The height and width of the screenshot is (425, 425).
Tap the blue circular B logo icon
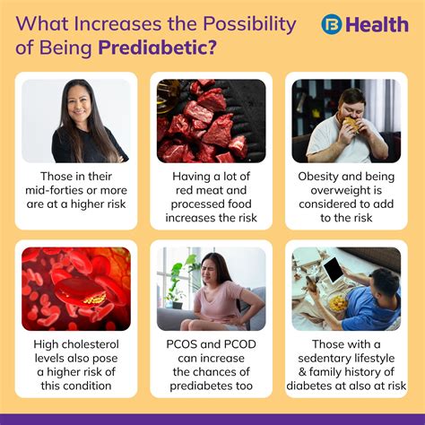pyautogui.click(x=332, y=24)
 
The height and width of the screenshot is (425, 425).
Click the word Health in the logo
pyautogui.click(x=377, y=24)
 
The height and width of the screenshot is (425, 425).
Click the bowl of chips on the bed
pyautogui.click(x=338, y=303)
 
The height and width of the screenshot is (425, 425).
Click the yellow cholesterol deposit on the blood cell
pyautogui.click(x=95, y=299)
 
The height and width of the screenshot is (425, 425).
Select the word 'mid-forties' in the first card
pyautogui.click(x=53, y=190)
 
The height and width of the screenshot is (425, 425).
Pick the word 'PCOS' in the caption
pyautogui.click(x=181, y=344)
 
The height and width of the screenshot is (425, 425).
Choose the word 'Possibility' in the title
pyautogui.click(x=249, y=24)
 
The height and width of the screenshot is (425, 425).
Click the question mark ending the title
pyautogui.click(x=211, y=48)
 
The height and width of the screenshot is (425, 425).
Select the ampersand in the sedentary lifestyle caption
pyautogui.click(x=302, y=372)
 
